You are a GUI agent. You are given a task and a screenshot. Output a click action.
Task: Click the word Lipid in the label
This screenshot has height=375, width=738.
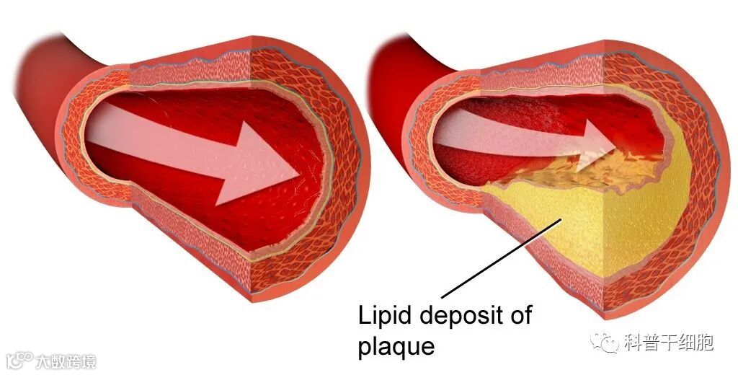tap(381, 315)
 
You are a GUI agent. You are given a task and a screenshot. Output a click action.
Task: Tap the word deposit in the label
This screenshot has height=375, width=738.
tap(459, 316)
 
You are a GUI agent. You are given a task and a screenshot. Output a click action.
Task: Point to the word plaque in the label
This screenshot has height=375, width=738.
tap(396, 346)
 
